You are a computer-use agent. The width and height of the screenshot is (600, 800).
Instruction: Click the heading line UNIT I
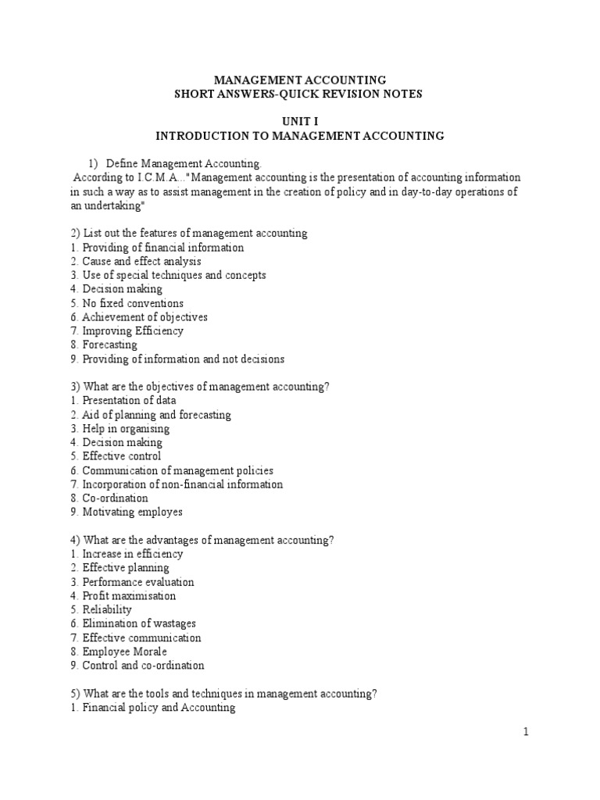click(x=300, y=121)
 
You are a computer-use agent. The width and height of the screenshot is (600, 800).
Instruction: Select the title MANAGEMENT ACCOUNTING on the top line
click(x=300, y=80)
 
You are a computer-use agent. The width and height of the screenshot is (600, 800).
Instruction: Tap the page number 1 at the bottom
click(x=527, y=732)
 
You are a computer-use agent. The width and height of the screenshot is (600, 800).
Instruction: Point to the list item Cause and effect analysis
click(x=141, y=261)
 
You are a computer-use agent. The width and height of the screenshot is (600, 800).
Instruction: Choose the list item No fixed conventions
click(x=133, y=303)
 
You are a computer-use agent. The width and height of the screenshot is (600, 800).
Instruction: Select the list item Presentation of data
click(x=129, y=400)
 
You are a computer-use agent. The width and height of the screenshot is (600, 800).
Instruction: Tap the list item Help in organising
click(x=125, y=428)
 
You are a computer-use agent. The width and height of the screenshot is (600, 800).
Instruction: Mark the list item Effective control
click(x=121, y=456)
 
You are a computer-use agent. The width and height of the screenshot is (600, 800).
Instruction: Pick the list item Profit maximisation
click(x=129, y=595)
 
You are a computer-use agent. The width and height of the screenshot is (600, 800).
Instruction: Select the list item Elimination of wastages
click(x=139, y=623)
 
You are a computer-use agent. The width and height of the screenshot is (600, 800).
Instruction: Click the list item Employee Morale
click(x=124, y=652)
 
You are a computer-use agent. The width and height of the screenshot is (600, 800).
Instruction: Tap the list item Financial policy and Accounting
click(x=159, y=708)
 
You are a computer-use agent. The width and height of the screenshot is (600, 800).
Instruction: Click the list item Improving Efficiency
click(x=133, y=330)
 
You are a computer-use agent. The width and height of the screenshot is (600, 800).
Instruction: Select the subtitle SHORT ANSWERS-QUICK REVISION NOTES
click(x=300, y=94)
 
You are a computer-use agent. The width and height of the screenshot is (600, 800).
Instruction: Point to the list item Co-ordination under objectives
click(x=115, y=498)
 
